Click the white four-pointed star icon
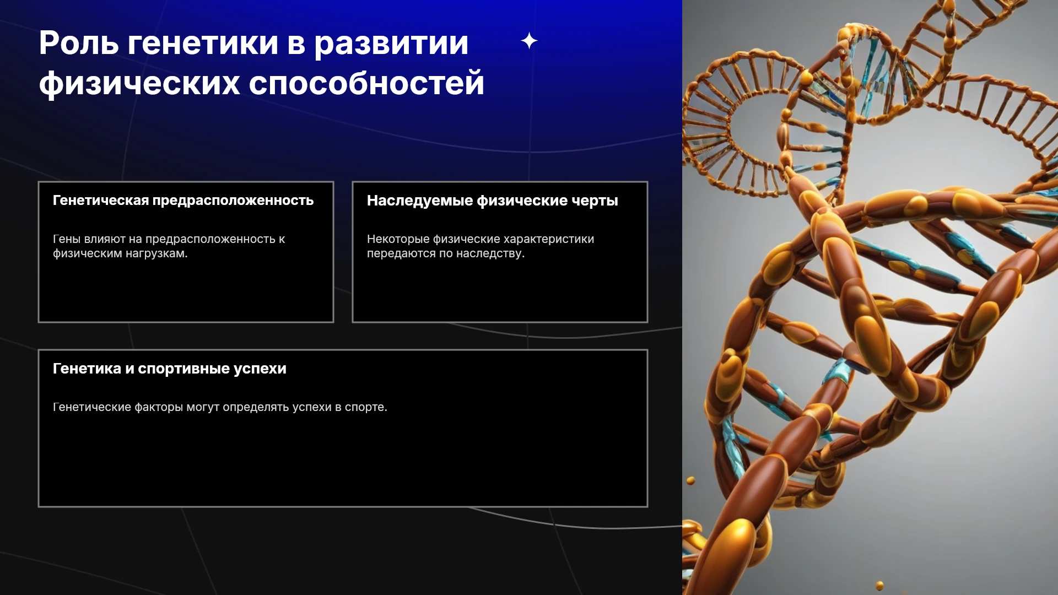pos(529,41)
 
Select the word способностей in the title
pos(366,84)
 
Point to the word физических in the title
pos(139,84)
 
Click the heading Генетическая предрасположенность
pos(183,201)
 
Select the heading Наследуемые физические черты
pos(493,201)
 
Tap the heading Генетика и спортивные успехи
pos(170,369)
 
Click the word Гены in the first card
pos(67,239)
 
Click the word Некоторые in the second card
pos(398,239)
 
